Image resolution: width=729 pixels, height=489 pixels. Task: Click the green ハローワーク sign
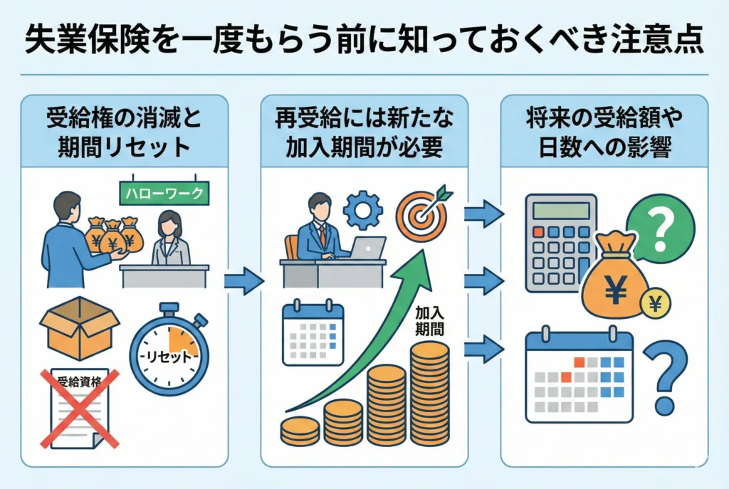pos(164,191)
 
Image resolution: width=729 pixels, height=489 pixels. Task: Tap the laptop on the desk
pos(367,248)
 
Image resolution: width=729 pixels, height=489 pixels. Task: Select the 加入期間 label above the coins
pos(430,322)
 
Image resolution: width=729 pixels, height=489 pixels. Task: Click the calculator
pos(561,243)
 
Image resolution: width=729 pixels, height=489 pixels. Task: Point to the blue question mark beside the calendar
pos(668,377)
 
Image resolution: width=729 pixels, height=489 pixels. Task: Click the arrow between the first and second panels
pos(243,282)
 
